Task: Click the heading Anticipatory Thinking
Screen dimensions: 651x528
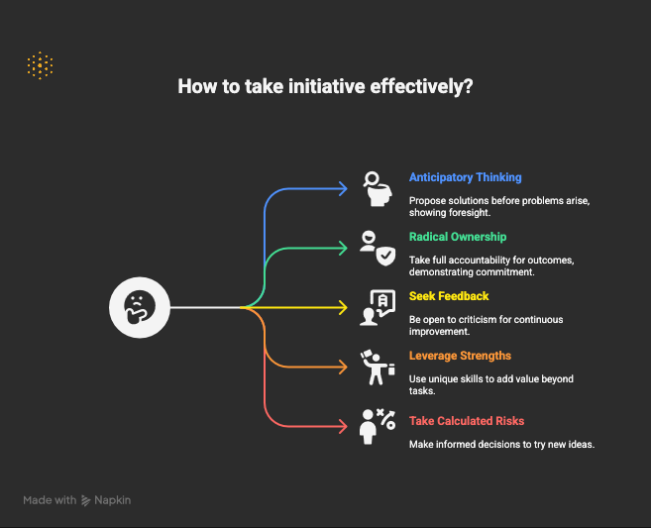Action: pos(465,177)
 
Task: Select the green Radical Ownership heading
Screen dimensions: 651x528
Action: pos(458,237)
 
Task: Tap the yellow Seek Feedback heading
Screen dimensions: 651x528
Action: pos(449,296)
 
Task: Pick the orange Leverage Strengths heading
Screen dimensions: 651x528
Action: pos(460,356)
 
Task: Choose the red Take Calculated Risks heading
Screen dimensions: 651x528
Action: pos(467,421)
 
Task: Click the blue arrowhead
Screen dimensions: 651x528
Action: pos(344,188)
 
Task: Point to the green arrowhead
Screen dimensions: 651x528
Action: pos(344,249)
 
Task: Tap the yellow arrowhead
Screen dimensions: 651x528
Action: pos(344,307)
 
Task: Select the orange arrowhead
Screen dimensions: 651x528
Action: pos(344,367)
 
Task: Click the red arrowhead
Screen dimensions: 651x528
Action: pos(344,426)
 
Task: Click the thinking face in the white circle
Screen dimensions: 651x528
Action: pos(140,307)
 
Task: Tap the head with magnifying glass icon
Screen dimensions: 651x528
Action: pos(377,189)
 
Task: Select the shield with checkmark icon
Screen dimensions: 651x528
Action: pos(385,256)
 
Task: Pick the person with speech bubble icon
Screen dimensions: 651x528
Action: pos(378,307)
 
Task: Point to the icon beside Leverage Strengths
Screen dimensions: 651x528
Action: pos(378,368)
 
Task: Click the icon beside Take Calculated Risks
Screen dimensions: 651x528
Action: pos(378,427)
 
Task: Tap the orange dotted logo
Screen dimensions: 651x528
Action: pos(40,65)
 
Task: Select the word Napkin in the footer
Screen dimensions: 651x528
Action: pos(113,500)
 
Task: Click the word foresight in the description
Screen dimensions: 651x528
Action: pos(470,213)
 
